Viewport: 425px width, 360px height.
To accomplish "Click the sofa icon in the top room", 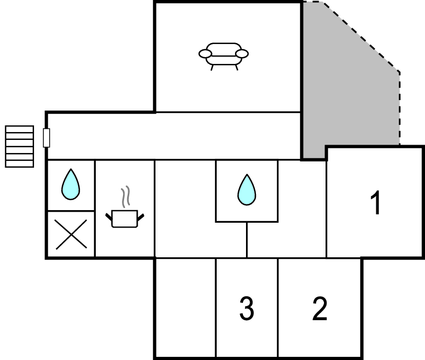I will [x=226, y=55].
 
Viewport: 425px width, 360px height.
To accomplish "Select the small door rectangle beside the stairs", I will [x=47, y=137].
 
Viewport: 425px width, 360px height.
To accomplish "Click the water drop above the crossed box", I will [x=71, y=185].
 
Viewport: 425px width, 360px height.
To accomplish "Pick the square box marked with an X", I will [x=71, y=234].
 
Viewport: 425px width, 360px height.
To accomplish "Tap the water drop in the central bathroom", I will [x=246, y=188].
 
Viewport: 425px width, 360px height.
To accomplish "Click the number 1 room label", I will [x=375, y=204].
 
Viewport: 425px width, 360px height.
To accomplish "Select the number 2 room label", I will [x=319, y=309].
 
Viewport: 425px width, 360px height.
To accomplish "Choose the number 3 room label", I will [x=246, y=309].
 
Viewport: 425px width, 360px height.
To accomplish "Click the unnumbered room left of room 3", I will [x=185, y=307].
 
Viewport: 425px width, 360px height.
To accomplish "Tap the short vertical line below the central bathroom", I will [x=247, y=239].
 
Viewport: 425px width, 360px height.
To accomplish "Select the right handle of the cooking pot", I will [x=141, y=213].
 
